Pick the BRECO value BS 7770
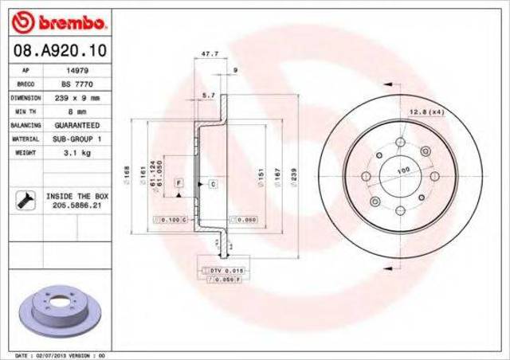(76, 84)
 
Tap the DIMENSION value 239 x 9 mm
(76, 98)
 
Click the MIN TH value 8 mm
(76, 112)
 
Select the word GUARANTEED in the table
(76, 125)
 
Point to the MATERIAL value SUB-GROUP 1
(76, 139)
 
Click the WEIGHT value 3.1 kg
(76, 152)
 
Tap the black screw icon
(24, 201)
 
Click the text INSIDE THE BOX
(77, 195)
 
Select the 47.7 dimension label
(209, 54)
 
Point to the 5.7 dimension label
(209, 96)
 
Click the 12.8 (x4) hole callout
(426, 112)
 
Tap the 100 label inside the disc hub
(403, 170)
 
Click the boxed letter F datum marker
(179, 184)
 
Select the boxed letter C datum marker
(214, 184)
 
